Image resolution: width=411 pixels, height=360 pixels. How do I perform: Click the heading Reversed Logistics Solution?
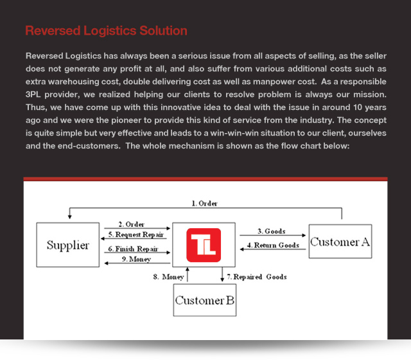pyautogui.click(x=106, y=31)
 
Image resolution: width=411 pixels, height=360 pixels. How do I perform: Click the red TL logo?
pyautogui.click(x=204, y=245)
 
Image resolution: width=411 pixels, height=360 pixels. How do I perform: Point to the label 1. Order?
pyautogui.click(x=204, y=203)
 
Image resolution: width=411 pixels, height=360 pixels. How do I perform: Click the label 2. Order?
pyautogui.click(x=131, y=224)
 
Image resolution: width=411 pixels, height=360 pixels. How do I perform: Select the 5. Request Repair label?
pyautogui.click(x=136, y=234)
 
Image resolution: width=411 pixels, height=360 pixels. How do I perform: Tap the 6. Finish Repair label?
pyautogui.click(x=133, y=249)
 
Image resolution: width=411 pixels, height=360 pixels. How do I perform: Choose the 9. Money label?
pyautogui.click(x=136, y=259)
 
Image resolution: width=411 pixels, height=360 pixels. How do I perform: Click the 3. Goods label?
pyautogui.click(x=272, y=231)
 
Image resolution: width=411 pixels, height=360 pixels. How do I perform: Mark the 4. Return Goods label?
pyautogui.click(x=273, y=245)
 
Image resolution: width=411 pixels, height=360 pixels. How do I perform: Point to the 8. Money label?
pyautogui.click(x=168, y=277)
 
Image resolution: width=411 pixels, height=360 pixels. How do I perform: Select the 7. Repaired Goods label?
pyautogui.click(x=257, y=277)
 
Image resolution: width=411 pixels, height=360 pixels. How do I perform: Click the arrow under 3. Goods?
pyautogui.click(x=272, y=235)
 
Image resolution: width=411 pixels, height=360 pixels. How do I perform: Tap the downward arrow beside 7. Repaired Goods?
pyautogui.click(x=222, y=274)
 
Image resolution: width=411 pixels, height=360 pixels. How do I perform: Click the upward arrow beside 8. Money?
pyautogui.click(x=188, y=274)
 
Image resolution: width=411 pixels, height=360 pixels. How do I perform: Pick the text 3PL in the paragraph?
pyautogui.click(x=33, y=94)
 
